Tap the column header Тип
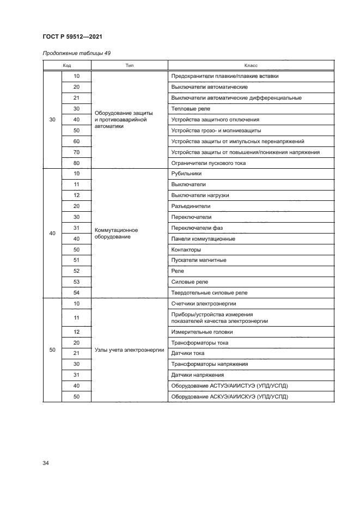130,65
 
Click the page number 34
46,463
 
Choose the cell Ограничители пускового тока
208,163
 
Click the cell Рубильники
186,174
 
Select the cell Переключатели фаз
197,228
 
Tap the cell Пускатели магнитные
198,260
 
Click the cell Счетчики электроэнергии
203,304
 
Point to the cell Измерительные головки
202,332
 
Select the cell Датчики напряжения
197,375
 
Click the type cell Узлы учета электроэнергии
129,350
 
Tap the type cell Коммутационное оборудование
119,233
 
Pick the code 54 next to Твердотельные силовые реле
76,293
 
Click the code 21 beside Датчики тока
76,353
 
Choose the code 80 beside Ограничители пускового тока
76,163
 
